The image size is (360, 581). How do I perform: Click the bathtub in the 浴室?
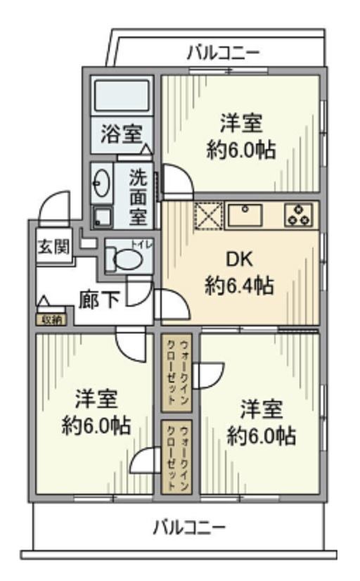pos(122,96)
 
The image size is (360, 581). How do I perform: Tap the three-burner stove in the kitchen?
pos(299,215)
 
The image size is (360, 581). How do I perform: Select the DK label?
pos(238,260)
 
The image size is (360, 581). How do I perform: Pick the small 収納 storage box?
pos(51,320)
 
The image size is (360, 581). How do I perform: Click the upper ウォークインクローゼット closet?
pos(176,373)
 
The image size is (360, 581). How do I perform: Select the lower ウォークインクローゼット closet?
pos(176,458)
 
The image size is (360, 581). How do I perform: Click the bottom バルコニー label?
pos(189,526)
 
